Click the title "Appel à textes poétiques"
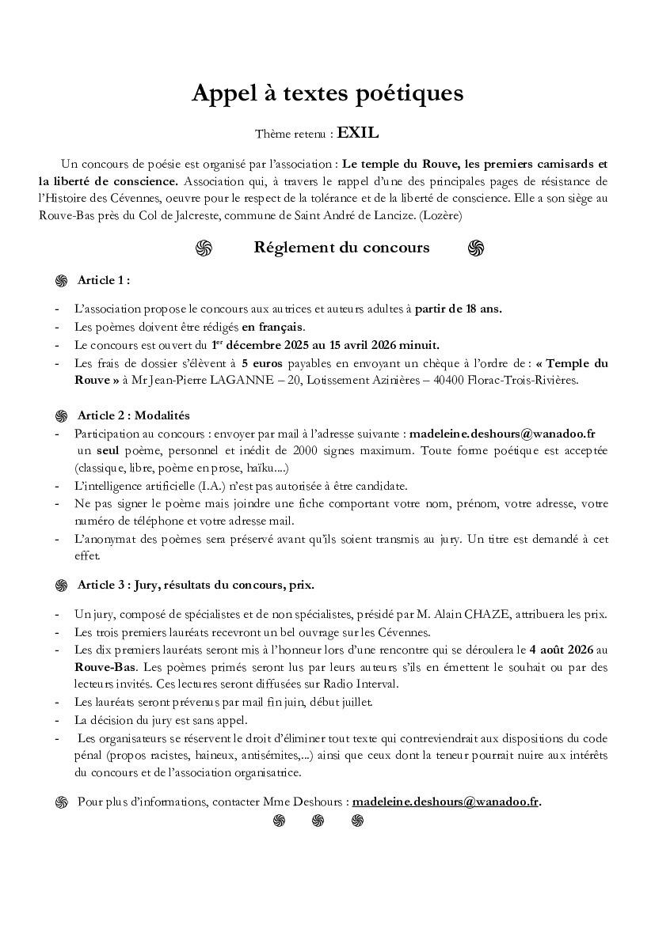[327, 93]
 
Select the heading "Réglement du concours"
[341, 248]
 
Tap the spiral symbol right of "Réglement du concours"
[475, 248]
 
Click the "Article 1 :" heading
[103, 280]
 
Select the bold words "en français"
[273, 327]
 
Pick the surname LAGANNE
[234, 380]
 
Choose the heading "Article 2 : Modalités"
[133, 415]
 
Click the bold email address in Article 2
[502, 434]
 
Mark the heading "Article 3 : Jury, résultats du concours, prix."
[196, 586]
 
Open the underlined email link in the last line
[445, 802]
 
